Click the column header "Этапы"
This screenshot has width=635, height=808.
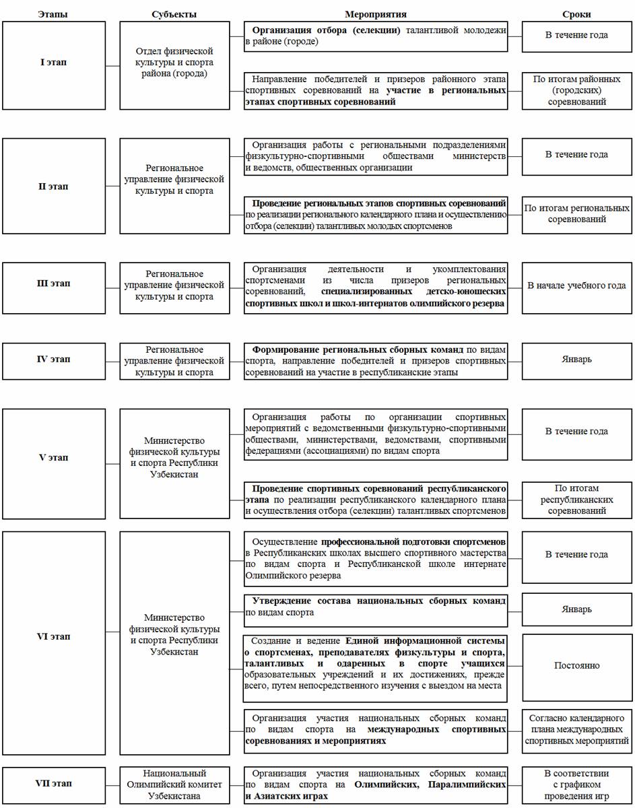(53, 14)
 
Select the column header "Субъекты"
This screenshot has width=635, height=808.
(174, 14)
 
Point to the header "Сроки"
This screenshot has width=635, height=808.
(577, 14)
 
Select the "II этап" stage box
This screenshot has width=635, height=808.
(54, 187)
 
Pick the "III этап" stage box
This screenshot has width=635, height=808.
(54, 283)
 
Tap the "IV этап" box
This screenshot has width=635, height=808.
(54, 360)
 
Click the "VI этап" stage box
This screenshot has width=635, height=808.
(54, 636)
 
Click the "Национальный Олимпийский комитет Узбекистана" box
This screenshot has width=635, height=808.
(174, 784)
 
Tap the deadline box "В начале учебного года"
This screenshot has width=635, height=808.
(576, 285)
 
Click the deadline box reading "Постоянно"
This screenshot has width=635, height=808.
(576, 665)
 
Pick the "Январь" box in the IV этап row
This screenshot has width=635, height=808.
(576, 360)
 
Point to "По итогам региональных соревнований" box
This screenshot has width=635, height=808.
(576, 213)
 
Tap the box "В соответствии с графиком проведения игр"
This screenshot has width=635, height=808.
(576, 784)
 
